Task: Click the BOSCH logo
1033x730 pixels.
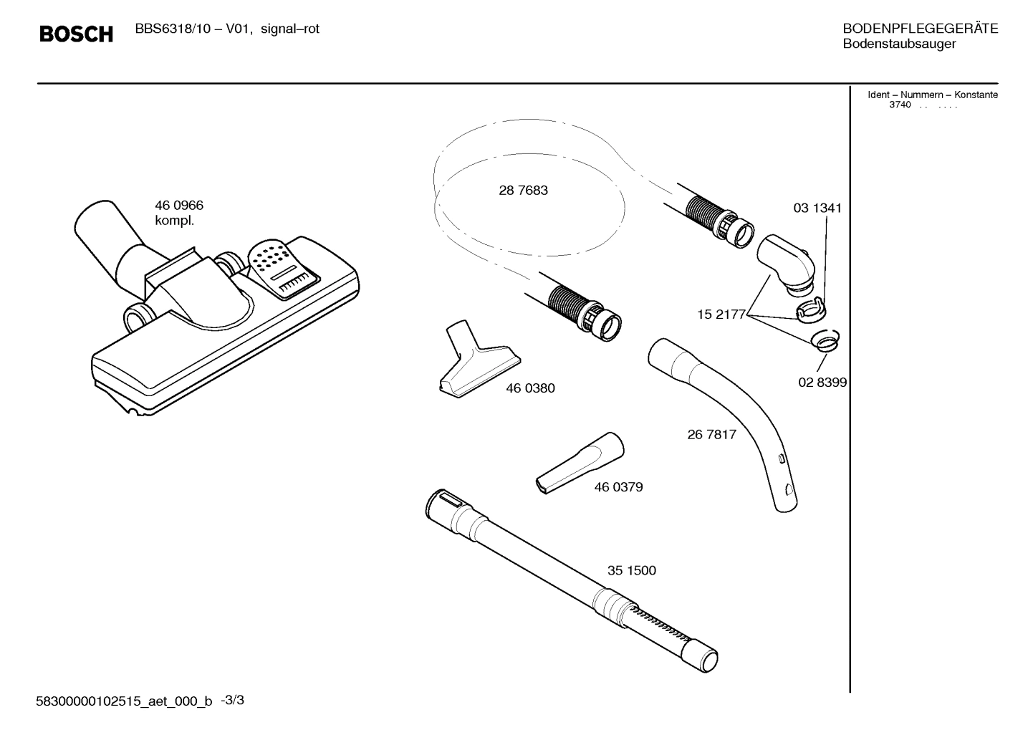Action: click(76, 34)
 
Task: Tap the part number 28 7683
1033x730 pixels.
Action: click(523, 191)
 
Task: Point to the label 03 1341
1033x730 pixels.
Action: click(817, 208)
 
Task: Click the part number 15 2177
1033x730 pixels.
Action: click(721, 314)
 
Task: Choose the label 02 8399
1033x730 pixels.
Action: click(822, 383)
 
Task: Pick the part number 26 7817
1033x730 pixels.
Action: click(711, 434)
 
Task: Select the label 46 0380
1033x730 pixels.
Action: click(530, 388)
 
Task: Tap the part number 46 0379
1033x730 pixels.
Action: click(618, 487)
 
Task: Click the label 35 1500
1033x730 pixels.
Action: click(631, 571)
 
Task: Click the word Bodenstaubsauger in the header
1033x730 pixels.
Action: click(899, 44)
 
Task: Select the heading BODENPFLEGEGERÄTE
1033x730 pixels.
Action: click(920, 29)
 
